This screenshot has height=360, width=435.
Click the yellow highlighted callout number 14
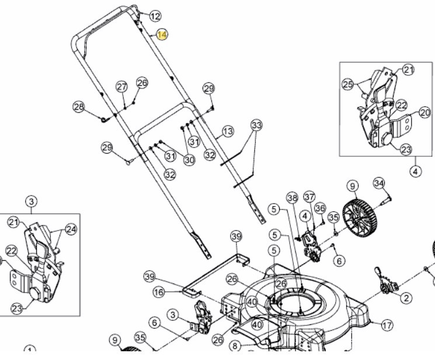162,35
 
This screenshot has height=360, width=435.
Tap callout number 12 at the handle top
155,16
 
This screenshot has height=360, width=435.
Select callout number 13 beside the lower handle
228,131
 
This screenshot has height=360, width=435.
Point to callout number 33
256,125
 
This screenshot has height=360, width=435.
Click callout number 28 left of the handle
79,107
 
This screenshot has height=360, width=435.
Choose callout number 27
121,87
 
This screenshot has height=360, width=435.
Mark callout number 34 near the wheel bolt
379,183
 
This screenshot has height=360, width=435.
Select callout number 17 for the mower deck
387,326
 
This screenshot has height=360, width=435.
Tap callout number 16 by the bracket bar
159,292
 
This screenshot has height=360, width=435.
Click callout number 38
292,198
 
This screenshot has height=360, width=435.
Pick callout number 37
309,197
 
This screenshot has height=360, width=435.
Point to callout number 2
406,298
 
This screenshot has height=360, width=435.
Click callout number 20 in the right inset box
424,113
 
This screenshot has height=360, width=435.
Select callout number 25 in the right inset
348,85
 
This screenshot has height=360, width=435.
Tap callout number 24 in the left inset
71,229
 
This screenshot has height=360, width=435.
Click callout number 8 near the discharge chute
235,346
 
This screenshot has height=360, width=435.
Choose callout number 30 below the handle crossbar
190,160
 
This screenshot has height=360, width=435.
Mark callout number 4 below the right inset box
415,172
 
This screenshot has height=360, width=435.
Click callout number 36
320,208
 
